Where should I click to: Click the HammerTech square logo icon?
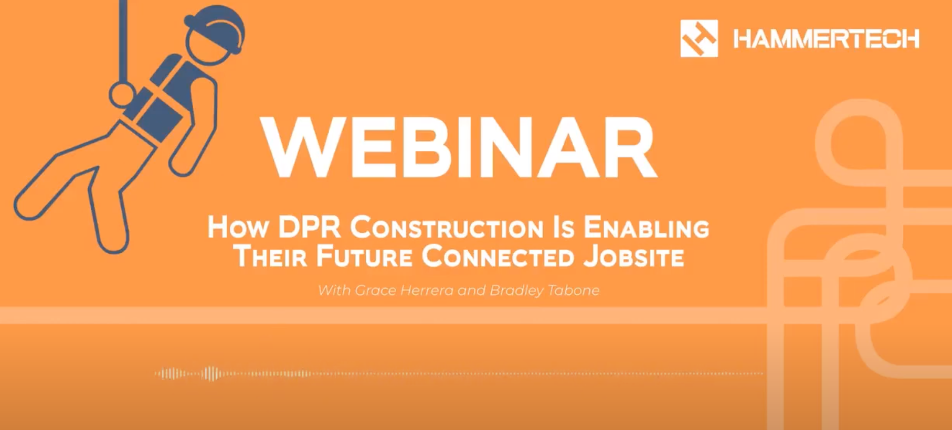tap(699, 38)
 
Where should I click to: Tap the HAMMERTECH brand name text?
tap(826, 39)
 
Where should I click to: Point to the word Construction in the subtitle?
tap(447, 228)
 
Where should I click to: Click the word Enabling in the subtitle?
tap(646, 228)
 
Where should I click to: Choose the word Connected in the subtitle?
tap(498, 256)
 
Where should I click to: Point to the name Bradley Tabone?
tap(544, 291)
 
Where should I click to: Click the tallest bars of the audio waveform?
tap(210, 373)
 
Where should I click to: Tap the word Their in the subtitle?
tap(269, 256)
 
